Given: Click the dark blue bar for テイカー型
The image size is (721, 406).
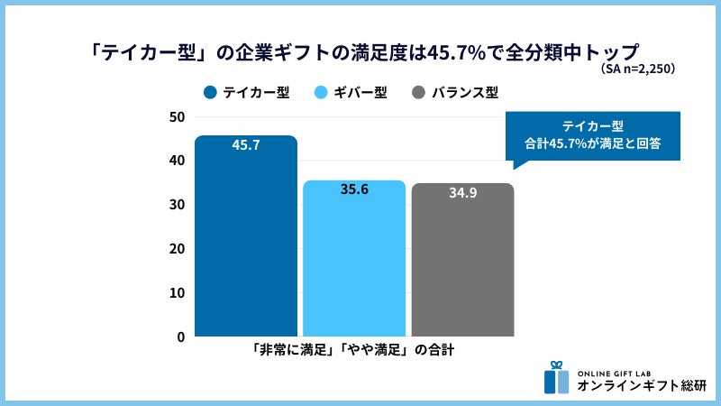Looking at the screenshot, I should (x=246, y=239).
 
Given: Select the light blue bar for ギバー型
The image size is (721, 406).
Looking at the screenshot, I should (x=354, y=262).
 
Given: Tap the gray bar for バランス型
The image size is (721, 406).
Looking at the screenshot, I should (x=462, y=263).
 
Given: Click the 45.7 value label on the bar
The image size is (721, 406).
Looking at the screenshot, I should (x=246, y=144).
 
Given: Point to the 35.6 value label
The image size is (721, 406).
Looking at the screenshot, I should (x=354, y=190).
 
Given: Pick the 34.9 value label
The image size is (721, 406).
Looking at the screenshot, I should (x=463, y=193).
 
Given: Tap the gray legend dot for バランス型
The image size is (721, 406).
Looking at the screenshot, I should (x=418, y=92).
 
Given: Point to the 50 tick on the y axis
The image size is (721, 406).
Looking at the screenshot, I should (x=177, y=116).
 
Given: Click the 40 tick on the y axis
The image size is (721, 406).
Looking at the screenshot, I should (x=177, y=161).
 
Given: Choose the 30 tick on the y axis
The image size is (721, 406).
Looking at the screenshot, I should (x=177, y=205).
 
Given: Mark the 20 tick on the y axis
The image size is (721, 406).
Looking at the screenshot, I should (x=177, y=249).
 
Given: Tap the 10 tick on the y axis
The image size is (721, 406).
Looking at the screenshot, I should (x=177, y=293).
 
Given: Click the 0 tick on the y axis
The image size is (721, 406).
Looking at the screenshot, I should (x=180, y=337).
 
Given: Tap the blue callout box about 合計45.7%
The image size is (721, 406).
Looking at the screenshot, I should (x=592, y=135).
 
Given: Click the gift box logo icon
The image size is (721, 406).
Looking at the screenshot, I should (x=557, y=378).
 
